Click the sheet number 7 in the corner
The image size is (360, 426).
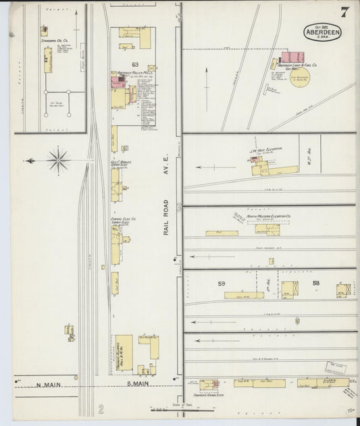pos(344,12)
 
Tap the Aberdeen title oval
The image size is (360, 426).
pos(322,32)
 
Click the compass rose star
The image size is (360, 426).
pos(58,161)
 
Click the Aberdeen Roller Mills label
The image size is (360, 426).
pos(133,73)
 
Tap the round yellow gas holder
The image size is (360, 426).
pos(300,77)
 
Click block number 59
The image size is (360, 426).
pos(221,284)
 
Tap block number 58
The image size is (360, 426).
pos(315,283)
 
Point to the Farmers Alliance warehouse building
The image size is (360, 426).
pos(124,353)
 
